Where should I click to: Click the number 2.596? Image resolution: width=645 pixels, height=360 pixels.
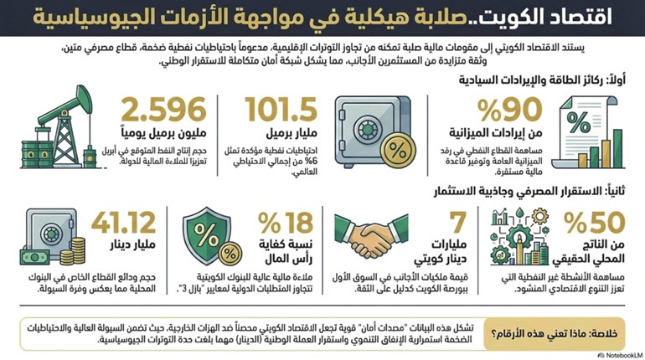(x=164, y=110)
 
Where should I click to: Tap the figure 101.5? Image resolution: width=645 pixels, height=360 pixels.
(x=282, y=110)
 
